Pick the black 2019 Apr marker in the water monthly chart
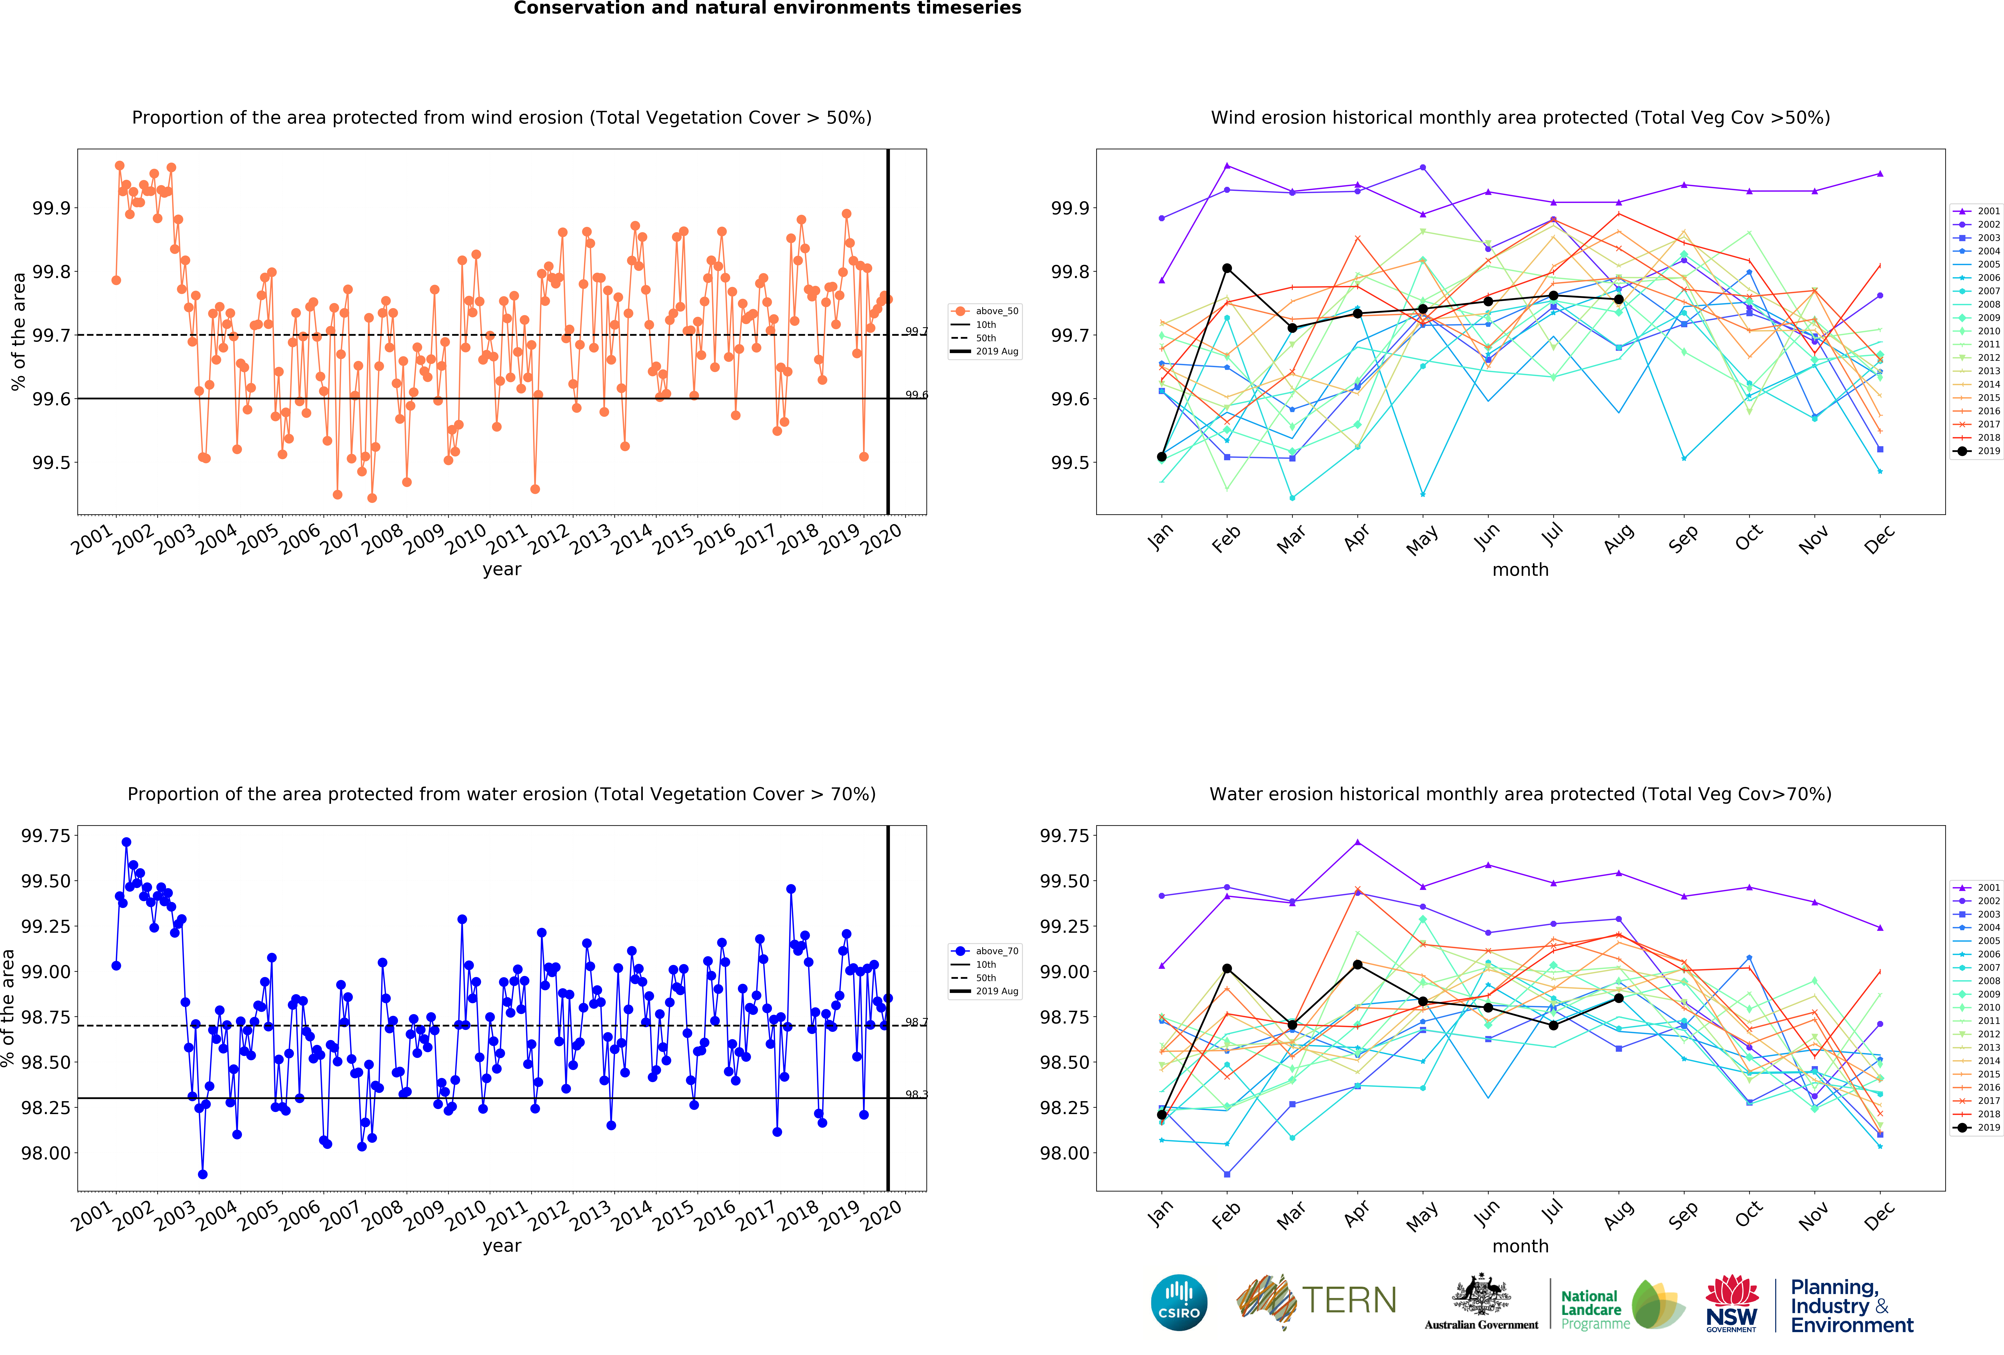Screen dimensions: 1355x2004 coord(1357,964)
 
